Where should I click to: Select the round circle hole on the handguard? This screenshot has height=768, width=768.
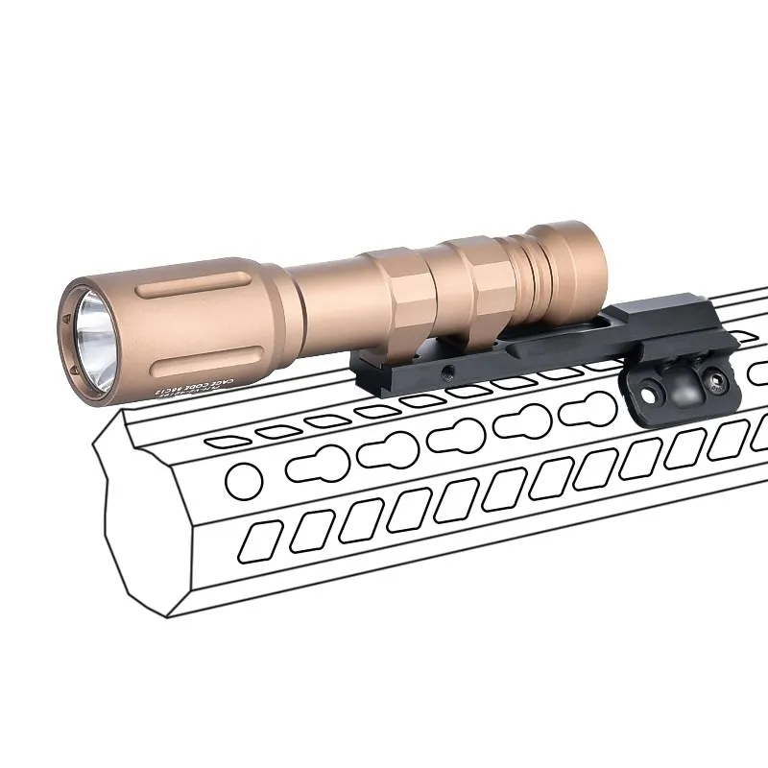click(234, 475)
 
